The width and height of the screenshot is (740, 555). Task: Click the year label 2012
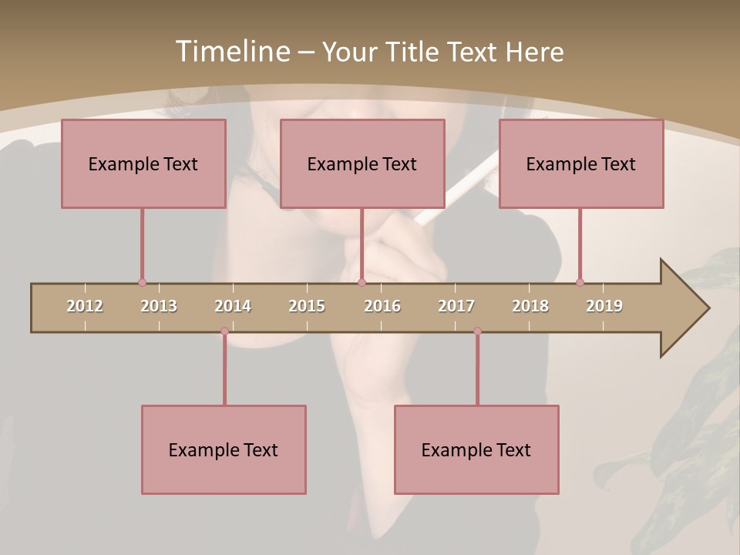pyautogui.click(x=85, y=306)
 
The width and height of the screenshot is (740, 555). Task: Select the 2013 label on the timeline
pyautogui.click(x=159, y=306)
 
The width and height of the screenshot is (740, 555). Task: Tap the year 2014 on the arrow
pyautogui.click(x=233, y=306)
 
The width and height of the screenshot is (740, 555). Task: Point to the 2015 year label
pyautogui.click(x=307, y=306)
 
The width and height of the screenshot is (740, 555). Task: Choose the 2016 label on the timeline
pyautogui.click(x=382, y=306)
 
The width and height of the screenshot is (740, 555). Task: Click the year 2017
pyautogui.click(x=456, y=306)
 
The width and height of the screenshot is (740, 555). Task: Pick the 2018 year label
pyautogui.click(x=530, y=306)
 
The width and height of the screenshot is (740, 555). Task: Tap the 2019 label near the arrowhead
pyautogui.click(x=604, y=306)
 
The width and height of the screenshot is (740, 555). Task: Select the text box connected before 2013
pyautogui.click(x=143, y=163)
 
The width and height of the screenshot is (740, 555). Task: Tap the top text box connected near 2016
pyautogui.click(x=362, y=163)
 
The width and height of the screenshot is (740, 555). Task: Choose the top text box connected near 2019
pyautogui.click(x=581, y=163)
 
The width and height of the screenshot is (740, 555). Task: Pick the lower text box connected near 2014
pyautogui.click(x=224, y=449)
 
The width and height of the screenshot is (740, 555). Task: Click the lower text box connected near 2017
pyautogui.click(x=476, y=449)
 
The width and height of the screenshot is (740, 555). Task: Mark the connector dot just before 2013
pyautogui.click(x=142, y=283)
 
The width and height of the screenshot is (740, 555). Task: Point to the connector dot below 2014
pyautogui.click(x=224, y=331)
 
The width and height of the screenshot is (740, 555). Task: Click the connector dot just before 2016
pyautogui.click(x=362, y=283)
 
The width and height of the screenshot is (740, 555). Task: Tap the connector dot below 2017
pyautogui.click(x=477, y=331)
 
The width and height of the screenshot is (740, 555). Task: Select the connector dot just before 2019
pyautogui.click(x=580, y=282)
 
